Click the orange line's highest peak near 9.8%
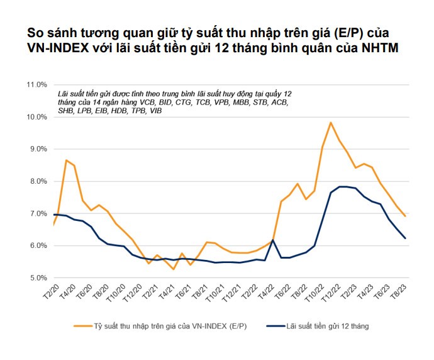pos(331,123)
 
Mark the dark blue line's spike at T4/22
pos(272,240)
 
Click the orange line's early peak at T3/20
pos(66,160)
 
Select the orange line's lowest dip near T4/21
pos(173,269)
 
